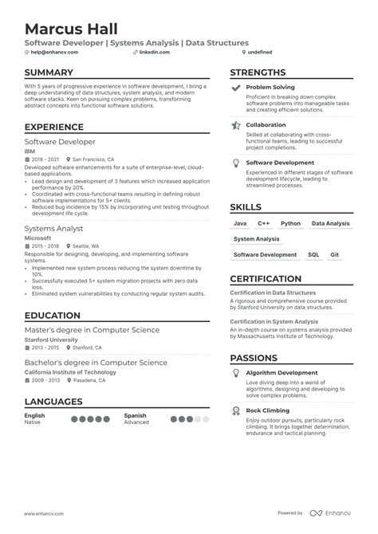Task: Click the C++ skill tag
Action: [x=264, y=224]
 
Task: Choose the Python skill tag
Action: [x=290, y=224]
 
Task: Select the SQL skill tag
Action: [x=313, y=255]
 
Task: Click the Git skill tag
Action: [x=335, y=255]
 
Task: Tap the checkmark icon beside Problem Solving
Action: [x=236, y=88]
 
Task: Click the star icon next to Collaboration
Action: [x=236, y=125]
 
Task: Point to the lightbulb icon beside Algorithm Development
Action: [x=236, y=373]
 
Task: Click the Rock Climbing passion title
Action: [x=268, y=410]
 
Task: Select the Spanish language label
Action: [x=136, y=416]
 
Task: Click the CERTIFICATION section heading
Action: [x=270, y=279]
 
